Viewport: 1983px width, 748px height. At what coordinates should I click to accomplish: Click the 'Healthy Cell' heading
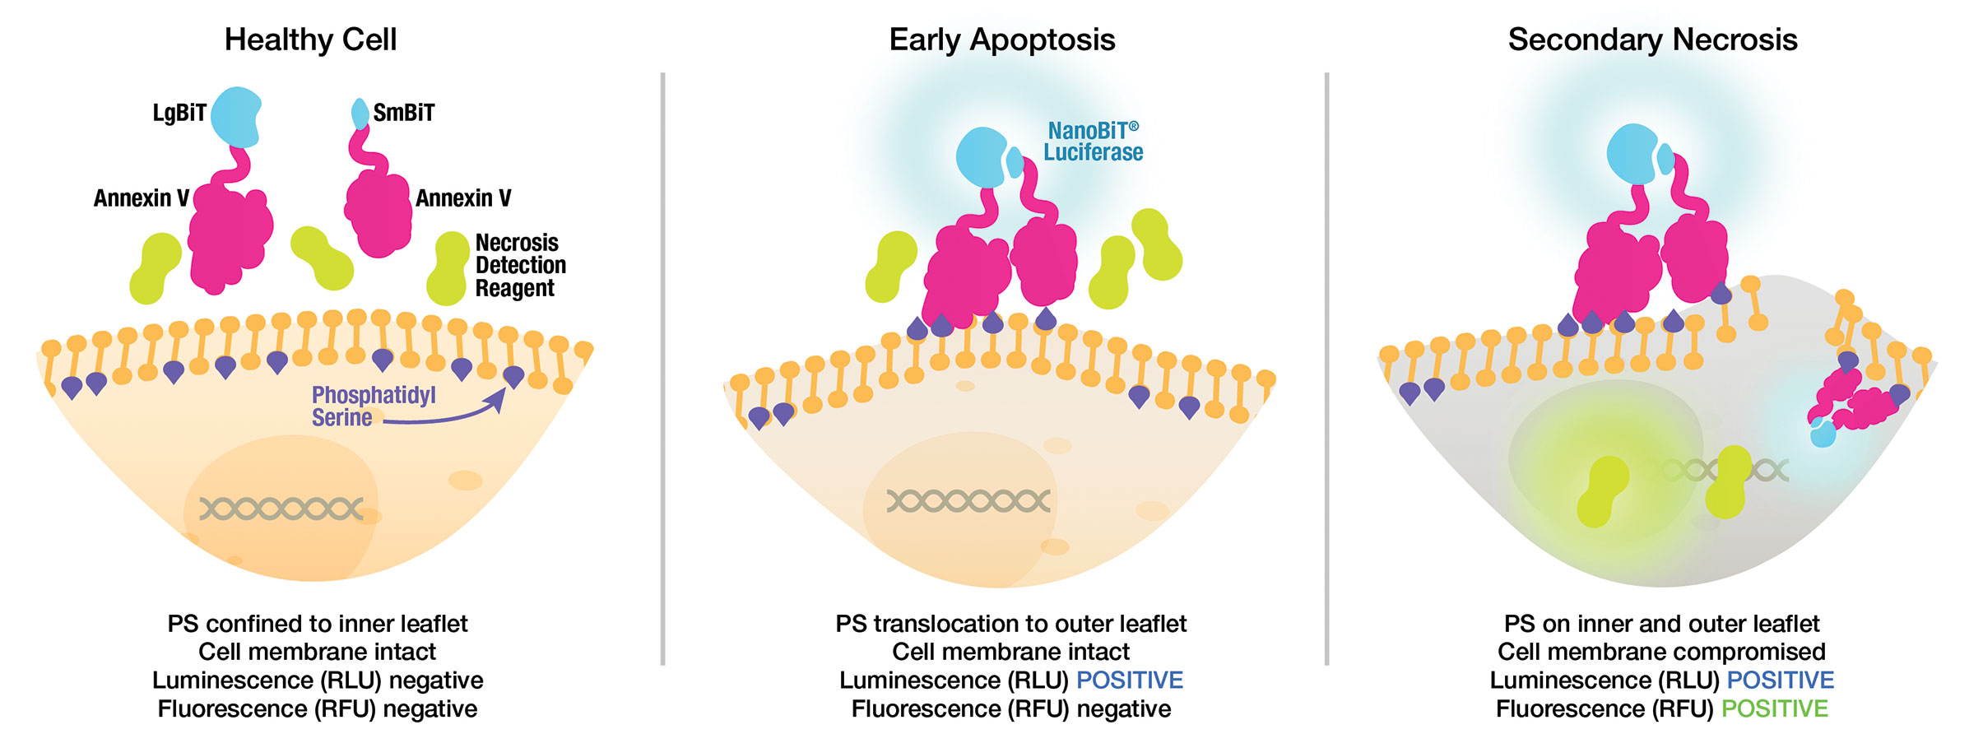click(310, 39)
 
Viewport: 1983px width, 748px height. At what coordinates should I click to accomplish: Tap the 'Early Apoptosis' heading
click(1001, 39)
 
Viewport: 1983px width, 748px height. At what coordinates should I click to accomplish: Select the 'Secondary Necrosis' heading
click(1652, 39)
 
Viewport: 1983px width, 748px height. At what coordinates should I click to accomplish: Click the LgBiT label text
click(179, 113)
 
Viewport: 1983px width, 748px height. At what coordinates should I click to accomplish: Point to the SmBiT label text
click(403, 113)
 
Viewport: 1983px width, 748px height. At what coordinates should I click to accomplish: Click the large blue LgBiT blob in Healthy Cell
click(235, 116)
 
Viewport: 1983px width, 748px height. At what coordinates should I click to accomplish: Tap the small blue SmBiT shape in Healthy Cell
click(360, 114)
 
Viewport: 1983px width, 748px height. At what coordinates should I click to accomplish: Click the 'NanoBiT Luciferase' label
click(1093, 142)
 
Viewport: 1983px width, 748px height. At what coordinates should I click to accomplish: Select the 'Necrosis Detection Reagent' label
click(520, 265)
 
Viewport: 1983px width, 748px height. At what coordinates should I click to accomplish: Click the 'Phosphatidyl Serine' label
click(372, 406)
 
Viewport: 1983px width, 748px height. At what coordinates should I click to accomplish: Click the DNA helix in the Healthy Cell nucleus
click(281, 509)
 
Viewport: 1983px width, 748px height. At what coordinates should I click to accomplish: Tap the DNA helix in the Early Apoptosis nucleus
click(968, 500)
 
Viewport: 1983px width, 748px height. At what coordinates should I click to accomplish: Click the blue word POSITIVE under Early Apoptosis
click(1129, 680)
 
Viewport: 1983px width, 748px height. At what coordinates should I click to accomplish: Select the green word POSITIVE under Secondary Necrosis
click(1774, 709)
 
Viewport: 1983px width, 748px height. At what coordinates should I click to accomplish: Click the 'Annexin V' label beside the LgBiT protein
click(141, 198)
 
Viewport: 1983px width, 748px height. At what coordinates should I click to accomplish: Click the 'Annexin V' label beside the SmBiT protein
click(463, 198)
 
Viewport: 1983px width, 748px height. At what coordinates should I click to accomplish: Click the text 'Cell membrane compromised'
click(1661, 652)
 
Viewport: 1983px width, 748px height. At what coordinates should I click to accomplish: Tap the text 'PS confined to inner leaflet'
click(317, 624)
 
